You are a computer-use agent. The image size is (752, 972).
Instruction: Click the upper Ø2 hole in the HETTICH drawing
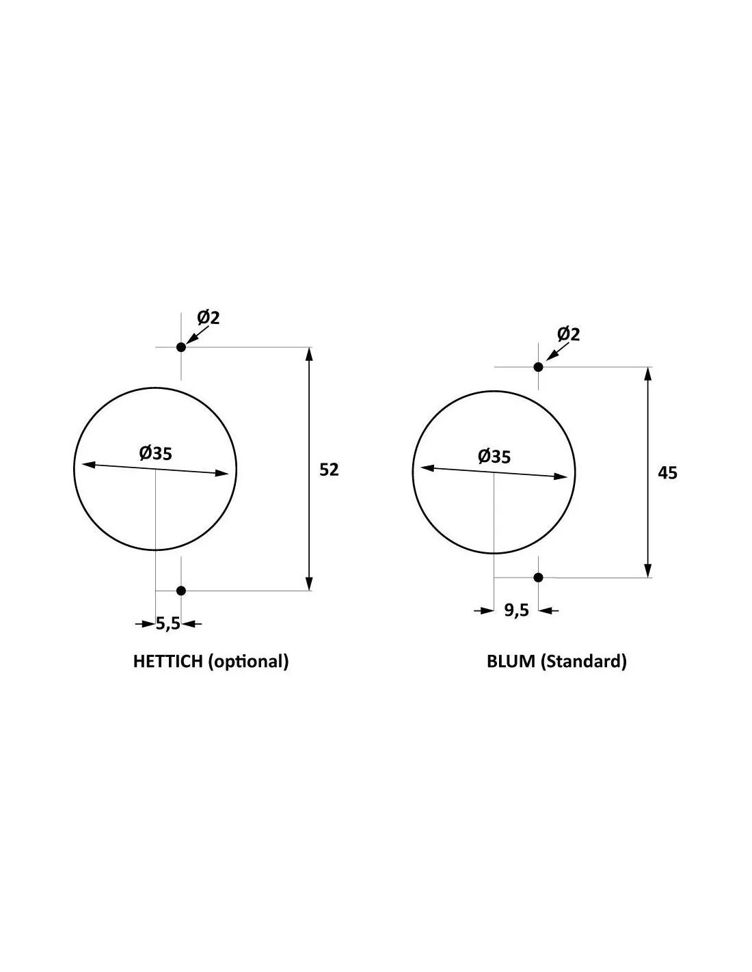180,347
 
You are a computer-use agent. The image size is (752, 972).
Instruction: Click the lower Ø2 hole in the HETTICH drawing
180,591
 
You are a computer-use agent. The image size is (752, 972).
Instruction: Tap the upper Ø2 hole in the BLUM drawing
538,367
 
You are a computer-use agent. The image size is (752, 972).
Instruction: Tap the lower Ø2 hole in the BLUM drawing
538,577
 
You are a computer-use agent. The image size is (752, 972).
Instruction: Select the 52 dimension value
329,470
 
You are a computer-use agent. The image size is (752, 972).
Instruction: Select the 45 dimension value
667,473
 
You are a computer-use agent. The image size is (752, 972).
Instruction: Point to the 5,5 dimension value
167,623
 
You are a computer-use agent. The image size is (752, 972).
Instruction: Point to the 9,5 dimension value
516,610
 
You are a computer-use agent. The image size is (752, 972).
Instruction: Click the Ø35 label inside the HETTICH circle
155,453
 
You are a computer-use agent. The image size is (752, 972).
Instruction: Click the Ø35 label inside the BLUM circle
494,456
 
